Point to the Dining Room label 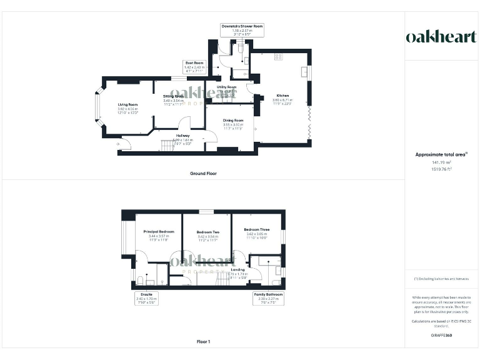pos(232,120)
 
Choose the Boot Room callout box pos(194,67)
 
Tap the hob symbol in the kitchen pos(279,56)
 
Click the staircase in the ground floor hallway pos(167,145)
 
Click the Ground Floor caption pos(203,173)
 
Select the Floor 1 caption pos(203,342)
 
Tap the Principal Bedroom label pos(158,231)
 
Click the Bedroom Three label pos(257,229)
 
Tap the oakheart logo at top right pos(441,37)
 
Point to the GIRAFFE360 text pos(442,336)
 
